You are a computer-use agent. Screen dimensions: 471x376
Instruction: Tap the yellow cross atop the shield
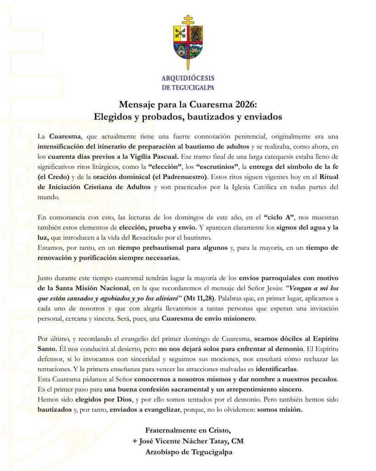(187, 20)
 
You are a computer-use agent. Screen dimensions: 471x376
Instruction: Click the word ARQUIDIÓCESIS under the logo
(188, 78)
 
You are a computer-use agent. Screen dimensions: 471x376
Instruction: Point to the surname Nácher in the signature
(197, 442)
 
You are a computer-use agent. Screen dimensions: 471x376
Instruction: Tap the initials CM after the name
(237, 442)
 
